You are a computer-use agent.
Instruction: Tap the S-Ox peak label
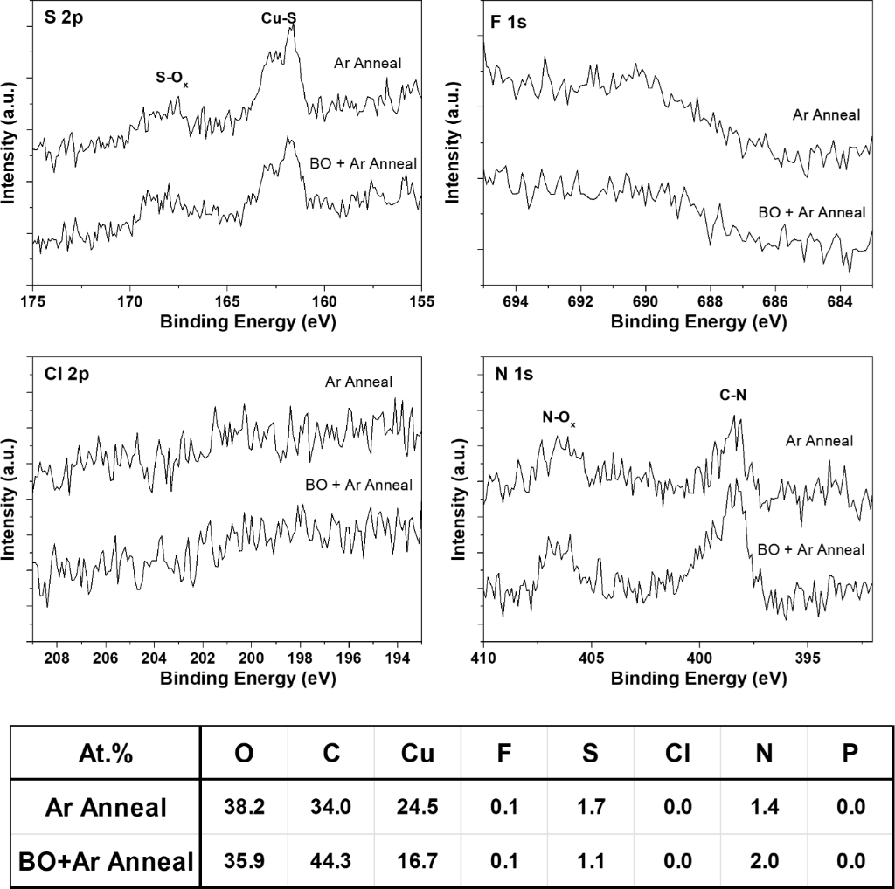point(172,78)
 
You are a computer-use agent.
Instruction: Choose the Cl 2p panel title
point(66,375)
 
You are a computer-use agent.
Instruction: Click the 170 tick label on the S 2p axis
point(129,301)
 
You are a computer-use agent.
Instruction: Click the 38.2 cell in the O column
point(245,807)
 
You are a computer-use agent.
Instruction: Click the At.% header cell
point(104,755)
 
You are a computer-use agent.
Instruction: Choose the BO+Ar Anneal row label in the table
point(106,861)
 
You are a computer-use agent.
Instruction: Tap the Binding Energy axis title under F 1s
point(698,321)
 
